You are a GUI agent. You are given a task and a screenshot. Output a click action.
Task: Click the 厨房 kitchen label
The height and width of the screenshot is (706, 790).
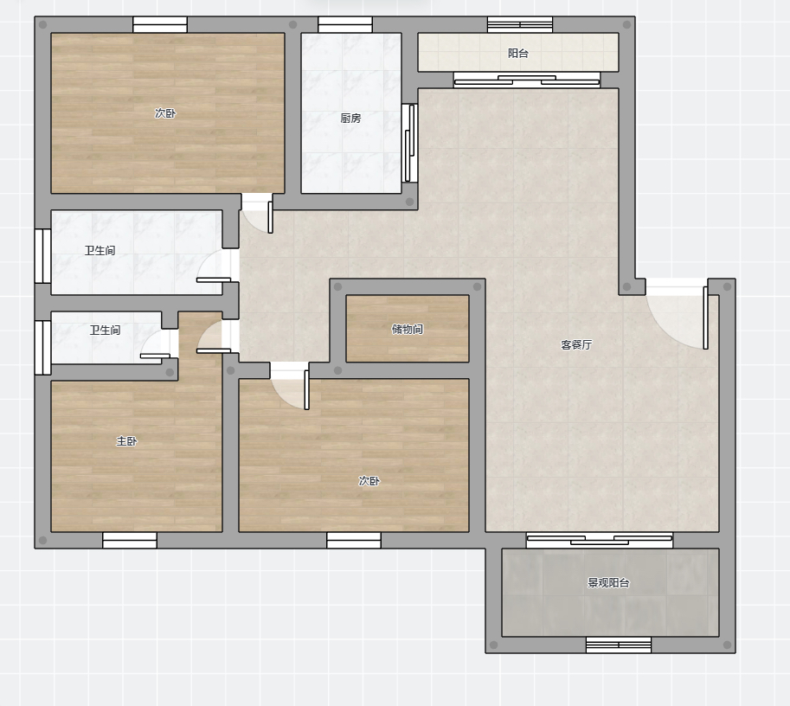pyautogui.click(x=350, y=118)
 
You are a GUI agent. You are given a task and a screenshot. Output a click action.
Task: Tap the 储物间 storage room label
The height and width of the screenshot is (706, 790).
pyautogui.click(x=407, y=329)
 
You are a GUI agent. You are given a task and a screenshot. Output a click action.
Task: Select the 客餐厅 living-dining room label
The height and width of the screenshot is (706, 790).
pyautogui.click(x=576, y=344)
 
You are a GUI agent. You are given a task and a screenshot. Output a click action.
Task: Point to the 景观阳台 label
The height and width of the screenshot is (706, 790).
pyautogui.click(x=608, y=582)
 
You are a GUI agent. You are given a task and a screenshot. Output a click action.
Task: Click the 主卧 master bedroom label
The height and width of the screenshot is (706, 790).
pyautogui.click(x=126, y=441)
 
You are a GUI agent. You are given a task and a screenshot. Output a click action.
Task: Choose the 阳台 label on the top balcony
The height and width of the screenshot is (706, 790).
pyautogui.click(x=518, y=53)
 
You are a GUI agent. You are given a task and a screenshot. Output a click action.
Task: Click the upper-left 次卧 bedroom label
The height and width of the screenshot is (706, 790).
pyautogui.click(x=165, y=112)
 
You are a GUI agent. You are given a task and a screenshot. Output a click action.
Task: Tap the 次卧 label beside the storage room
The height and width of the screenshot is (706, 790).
pyautogui.click(x=369, y=481)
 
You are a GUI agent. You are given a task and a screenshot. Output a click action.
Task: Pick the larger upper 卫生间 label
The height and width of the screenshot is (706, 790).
pyautogui.click(x=100, y=250)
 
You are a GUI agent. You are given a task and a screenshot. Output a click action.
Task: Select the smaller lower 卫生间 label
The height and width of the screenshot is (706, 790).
pyautogui.click(x=106, y=330)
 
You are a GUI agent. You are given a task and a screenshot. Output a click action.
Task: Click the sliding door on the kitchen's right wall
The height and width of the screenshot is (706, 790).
pyautogui.click(x=409, y=143)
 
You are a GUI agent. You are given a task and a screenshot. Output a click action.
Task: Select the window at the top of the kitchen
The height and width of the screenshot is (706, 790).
pyautogui.click(x=345, y=25)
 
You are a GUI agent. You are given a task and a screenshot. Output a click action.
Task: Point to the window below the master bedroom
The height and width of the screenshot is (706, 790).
pyautogui.click(x=130, y=540)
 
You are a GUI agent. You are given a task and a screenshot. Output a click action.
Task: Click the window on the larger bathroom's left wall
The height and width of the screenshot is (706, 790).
pyautogui.click(x=42, y=256)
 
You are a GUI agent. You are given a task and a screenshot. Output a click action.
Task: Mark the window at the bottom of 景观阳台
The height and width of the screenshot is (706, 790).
pyautogui.click(x=619, y=645)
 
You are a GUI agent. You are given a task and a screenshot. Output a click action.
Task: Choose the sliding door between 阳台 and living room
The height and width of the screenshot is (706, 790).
pyautogui.click(x=527, y=80)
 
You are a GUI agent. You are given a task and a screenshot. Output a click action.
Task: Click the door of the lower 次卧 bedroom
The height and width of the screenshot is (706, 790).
pyautogui.click(x=290, y=386)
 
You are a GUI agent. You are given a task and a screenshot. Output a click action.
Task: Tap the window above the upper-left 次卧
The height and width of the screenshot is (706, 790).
pyautogui.click(x=160, y=25)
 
